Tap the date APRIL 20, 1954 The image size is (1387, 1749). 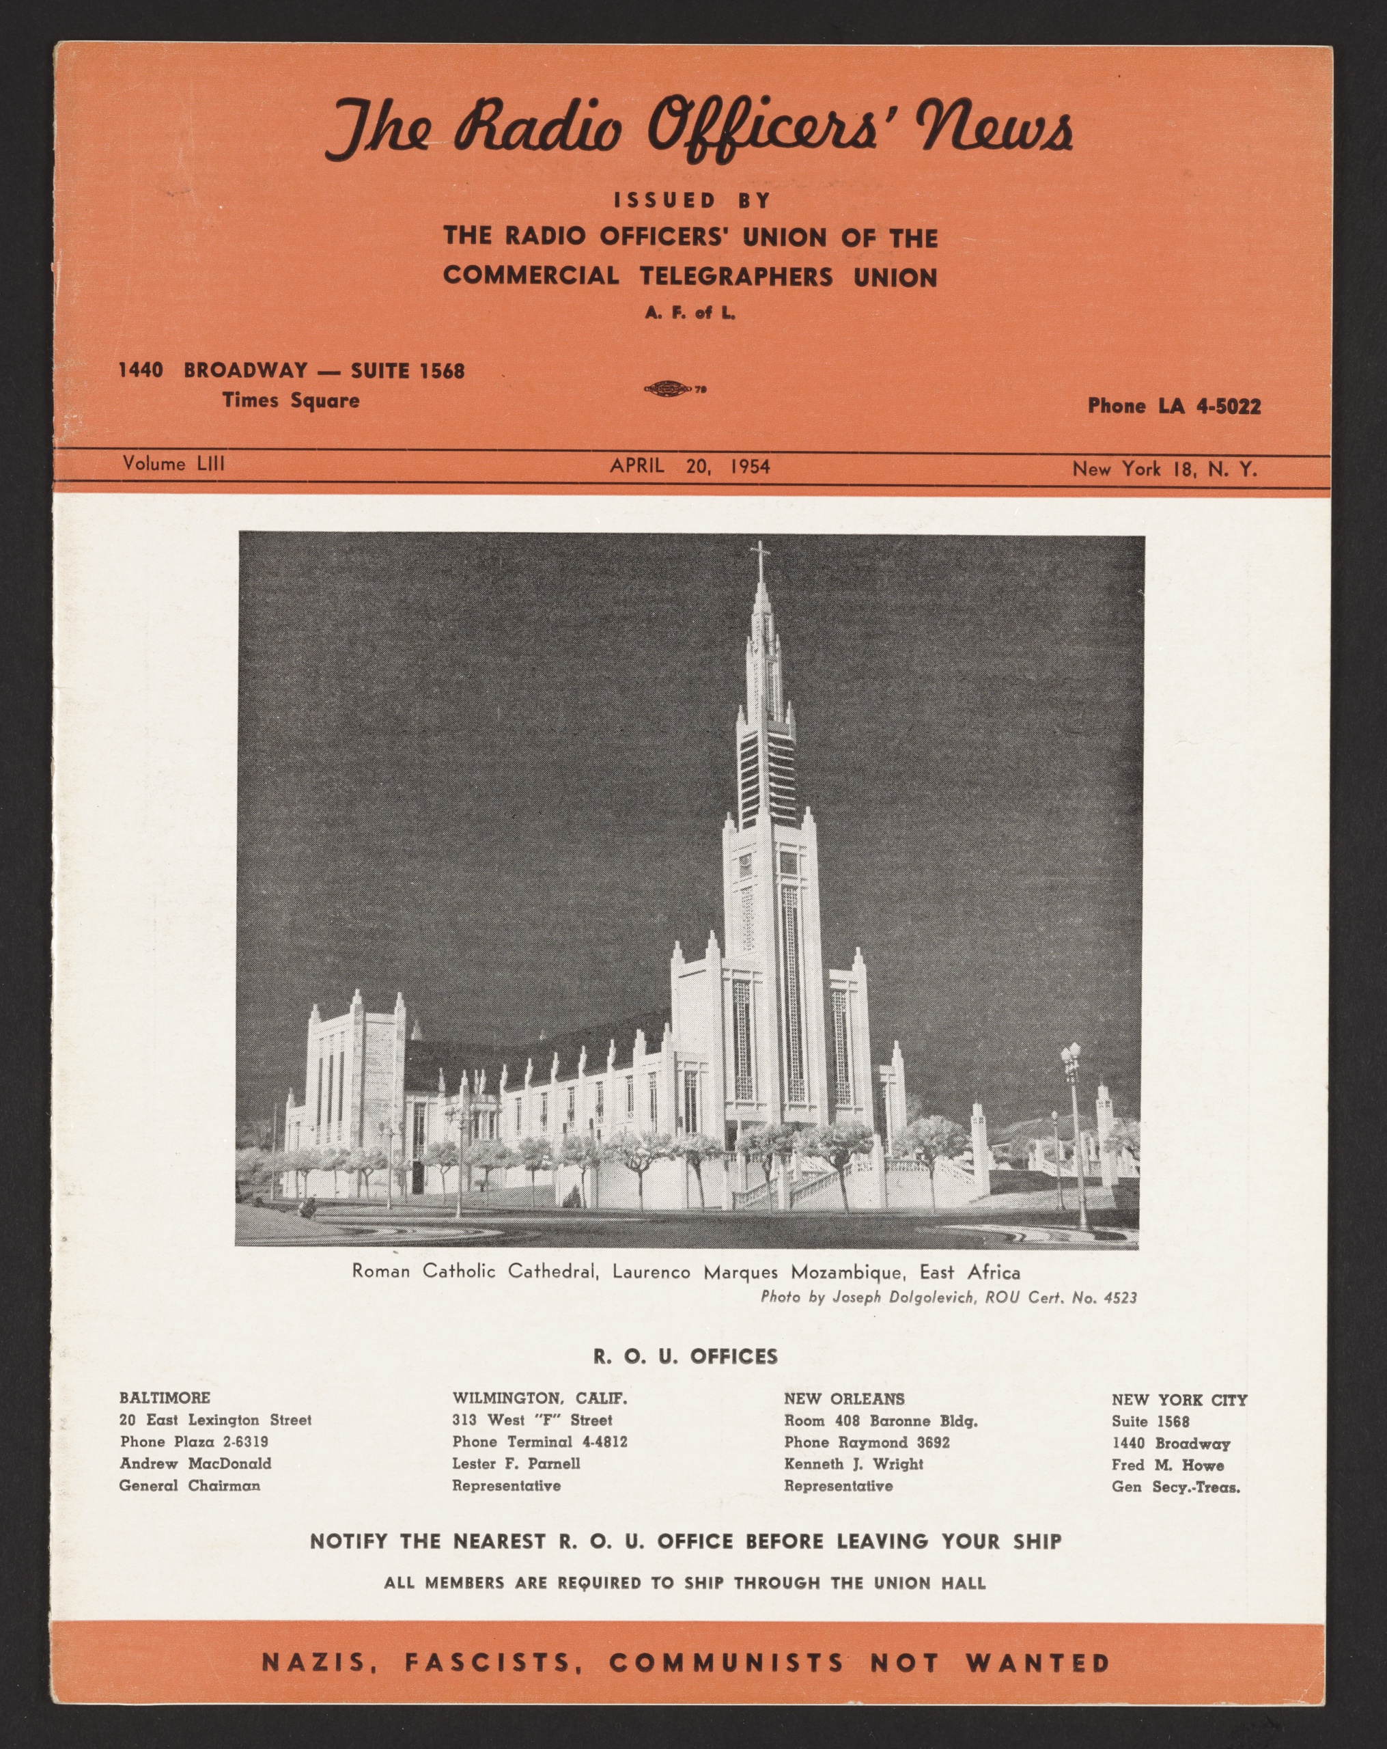click(x=690, y=466)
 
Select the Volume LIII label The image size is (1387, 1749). click(x=173, y=463)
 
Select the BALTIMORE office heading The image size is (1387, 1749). click(x=165, y=1398)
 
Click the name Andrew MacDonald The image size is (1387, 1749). click(x=195, y=1463)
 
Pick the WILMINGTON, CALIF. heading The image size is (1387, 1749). click(x=540, y=1399)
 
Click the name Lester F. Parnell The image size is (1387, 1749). click(x=516, y=1464)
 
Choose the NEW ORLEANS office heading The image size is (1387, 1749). click(x=843, y=1399)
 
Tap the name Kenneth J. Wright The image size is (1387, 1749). click(x=853, y=1464)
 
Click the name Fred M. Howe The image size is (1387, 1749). click(x=1167, y=1465)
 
